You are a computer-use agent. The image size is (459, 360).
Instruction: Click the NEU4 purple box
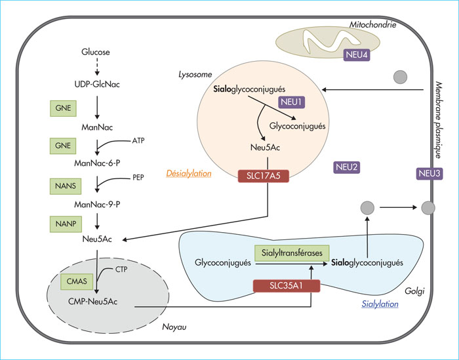click(357, 54)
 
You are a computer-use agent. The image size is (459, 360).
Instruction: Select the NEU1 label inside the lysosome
click(292, 102)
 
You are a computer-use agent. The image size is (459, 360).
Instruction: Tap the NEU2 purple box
click(347, 167)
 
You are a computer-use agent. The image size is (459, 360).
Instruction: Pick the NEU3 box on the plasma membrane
click(429, 174)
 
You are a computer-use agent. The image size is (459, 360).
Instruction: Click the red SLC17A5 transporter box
click(264, 176)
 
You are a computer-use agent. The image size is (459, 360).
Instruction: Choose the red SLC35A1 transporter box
click(287, 286)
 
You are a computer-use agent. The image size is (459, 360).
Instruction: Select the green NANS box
click(66, 186)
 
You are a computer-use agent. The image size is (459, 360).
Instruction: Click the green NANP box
click(66, 224)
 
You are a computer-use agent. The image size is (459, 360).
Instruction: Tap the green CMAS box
click(77, 281)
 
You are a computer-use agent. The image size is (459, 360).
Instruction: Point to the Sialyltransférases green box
click(292, 253)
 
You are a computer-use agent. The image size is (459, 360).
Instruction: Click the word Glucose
click(96, 52)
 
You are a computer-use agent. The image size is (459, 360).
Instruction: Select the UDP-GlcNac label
click(97, 85)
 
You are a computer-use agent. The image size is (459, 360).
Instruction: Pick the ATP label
click(138, 141)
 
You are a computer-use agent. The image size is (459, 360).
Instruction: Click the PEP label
click(138, 178)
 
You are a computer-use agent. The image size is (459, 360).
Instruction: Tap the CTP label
click(121, 270)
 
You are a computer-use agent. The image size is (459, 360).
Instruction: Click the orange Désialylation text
click(189, 174)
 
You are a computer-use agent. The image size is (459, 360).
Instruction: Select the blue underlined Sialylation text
click(380, 304)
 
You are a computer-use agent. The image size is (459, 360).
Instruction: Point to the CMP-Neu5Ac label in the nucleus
click(93, 302)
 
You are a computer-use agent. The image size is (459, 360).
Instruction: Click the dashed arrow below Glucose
click(97, 67)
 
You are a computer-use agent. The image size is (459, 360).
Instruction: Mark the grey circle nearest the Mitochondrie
click(400, 77)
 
